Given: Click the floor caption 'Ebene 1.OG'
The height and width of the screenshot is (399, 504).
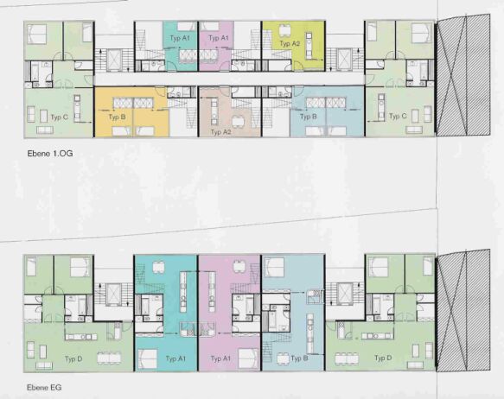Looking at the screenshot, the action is (x=50, y=154).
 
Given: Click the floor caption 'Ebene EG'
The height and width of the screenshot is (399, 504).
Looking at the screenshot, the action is (x=44, y=388).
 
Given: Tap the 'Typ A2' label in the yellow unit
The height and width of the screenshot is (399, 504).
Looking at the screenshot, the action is (x=290, y=43).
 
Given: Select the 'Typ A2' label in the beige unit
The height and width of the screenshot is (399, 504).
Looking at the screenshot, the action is (x=220, y=132).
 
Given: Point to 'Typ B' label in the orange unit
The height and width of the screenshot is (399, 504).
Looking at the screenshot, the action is (x=117, y=117).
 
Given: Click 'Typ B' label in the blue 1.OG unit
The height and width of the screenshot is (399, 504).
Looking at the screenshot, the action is (x=309, y=117).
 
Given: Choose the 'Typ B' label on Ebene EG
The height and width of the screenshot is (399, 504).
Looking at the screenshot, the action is (x=299, y=358).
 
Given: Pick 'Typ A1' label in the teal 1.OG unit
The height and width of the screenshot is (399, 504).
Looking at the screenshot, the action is (x=180, y=38).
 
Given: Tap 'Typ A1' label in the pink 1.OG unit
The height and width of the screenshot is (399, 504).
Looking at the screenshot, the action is (x=218, y=38).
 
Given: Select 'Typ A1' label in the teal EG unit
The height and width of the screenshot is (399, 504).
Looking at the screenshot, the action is (x=175, y=358).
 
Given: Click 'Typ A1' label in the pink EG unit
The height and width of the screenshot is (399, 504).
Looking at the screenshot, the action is (x=220, y=358).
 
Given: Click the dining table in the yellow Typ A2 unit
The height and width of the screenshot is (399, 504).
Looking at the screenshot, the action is (x=284, y=30).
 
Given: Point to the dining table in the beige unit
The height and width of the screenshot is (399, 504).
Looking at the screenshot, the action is (x=239, y=122).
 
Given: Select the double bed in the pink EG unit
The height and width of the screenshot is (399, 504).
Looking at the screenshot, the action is (x=248, y=358).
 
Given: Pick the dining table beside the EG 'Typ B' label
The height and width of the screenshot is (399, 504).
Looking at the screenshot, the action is (x=284, y=358).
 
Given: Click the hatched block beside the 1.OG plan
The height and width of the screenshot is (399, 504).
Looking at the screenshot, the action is (x=463, y=75).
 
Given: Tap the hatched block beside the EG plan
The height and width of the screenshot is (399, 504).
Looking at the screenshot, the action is (x=463, y=310).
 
